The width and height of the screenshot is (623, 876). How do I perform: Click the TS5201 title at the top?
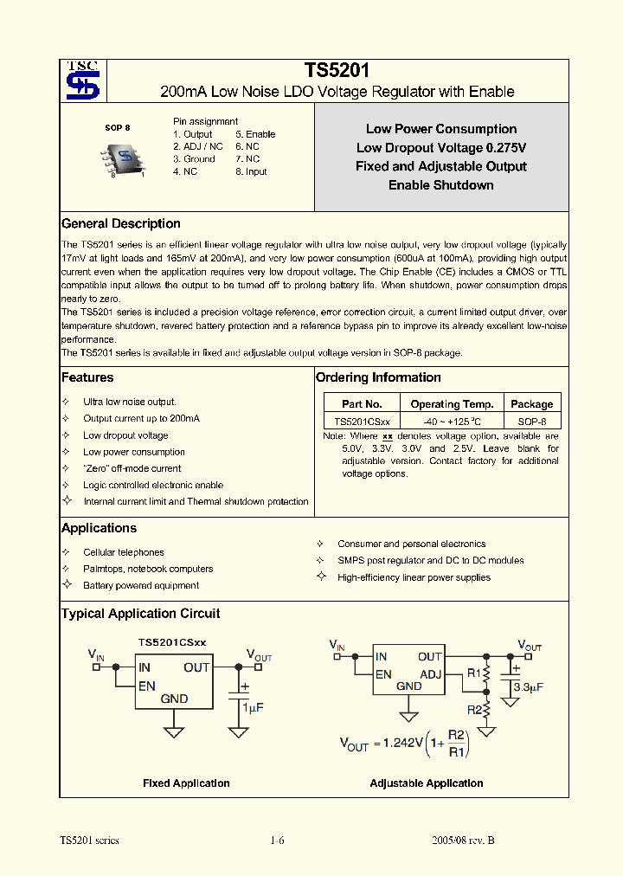point(337,72)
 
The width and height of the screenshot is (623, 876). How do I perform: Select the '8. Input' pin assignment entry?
point(251,171)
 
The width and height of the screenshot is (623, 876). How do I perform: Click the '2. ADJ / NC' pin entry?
point(197,146)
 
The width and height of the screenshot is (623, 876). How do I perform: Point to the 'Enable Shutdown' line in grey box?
point(440,185)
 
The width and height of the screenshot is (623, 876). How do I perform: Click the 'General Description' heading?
point(121,224)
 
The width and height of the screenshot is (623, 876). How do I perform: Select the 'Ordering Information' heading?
point(378,377)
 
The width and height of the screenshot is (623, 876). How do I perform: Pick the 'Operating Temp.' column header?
point(452,404)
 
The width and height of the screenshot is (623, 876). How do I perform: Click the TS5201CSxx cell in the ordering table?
point(362,421)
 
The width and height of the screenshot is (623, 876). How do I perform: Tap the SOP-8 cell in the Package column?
point(531,421)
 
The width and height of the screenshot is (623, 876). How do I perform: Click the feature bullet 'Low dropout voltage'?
point(125,435)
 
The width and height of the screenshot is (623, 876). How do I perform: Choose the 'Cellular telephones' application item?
point(123,552)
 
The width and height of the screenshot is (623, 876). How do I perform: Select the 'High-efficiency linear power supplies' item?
point(414,577)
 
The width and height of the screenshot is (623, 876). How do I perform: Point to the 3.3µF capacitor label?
point(529,688)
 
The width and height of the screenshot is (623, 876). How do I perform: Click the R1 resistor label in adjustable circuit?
point(473,673)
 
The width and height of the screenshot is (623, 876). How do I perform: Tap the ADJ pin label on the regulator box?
point(431,673)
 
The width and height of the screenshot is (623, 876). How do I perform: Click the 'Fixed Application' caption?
point(186,783)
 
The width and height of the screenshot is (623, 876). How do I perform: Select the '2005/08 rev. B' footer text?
point(463,841)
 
